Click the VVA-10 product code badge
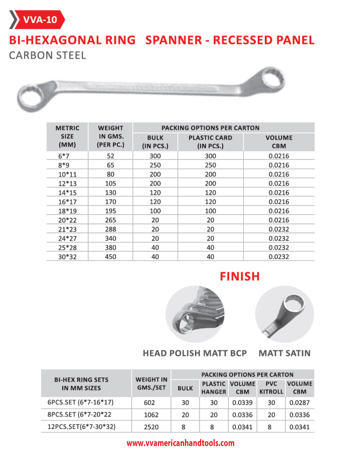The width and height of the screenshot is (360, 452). [40, 20]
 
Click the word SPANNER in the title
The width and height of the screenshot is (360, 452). [174, 40]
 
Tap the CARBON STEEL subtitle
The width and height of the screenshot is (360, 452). [47, 55]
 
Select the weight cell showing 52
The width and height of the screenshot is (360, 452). [110, 156]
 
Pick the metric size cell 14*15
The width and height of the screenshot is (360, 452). [67, 193]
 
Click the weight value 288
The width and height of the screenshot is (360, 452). [110, 229]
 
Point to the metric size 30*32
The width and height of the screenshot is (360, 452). [67, 257]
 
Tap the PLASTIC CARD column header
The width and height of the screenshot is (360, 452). [210, 142]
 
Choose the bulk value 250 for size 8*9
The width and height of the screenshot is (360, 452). [155, 165]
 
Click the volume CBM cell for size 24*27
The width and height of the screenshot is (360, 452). [279, 239]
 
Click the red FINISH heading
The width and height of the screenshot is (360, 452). [240, 276]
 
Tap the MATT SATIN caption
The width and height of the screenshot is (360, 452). [284, 353]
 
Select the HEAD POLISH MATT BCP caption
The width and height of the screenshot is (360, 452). [195, 353]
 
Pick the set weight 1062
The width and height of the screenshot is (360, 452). [151, 415]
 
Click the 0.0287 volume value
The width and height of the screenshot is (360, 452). [299, 403]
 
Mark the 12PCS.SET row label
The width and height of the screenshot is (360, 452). [81, 427]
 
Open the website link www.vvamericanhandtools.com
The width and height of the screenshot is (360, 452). [180, 443]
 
